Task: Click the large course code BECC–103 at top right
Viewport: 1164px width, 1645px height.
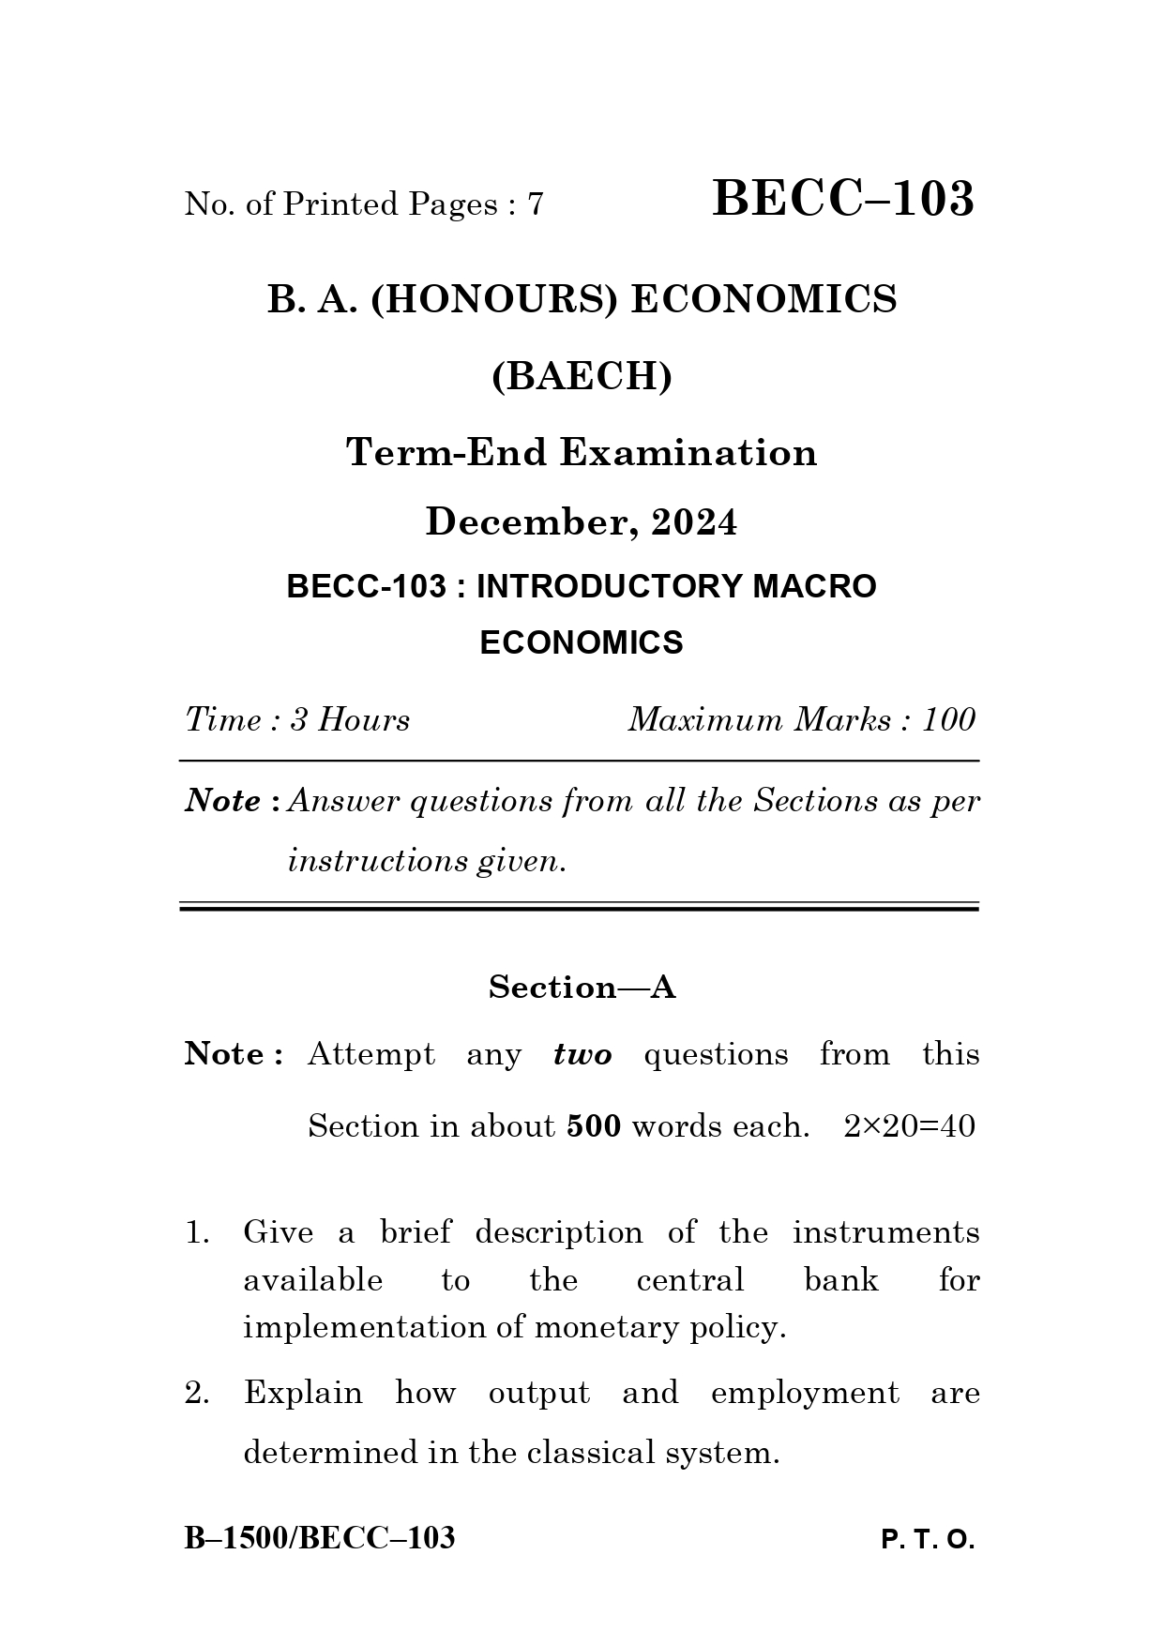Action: tap(843, 200)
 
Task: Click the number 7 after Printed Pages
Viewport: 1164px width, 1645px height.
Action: tap(536, 204)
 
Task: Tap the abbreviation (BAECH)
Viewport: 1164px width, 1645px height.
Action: tap(582, 377)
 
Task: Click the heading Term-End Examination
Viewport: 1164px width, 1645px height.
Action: tap(582, 453)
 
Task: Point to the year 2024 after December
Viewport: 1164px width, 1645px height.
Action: tap(694, 522)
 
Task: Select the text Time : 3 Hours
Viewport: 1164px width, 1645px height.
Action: tap(297, 720)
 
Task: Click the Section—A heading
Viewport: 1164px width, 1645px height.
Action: tap(582, 988)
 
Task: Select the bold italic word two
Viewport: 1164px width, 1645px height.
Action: tap(582, 1055)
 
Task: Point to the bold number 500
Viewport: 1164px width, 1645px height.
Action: tap(594, 1126)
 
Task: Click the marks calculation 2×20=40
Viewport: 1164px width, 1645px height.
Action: tap(909, 1126)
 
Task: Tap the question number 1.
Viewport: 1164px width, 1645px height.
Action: tap(196, 1232)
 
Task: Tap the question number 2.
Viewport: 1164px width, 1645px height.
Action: tap(197, 1394)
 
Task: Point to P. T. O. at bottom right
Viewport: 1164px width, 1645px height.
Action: tap(928, 1541)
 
